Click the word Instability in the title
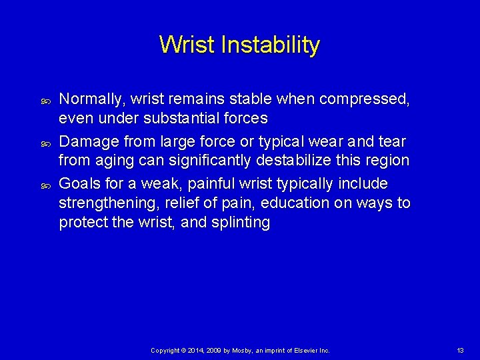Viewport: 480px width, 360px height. (x=270, y=45)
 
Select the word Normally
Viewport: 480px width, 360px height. (x=89, y=100)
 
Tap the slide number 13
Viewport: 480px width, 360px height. (x=460, y=350)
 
